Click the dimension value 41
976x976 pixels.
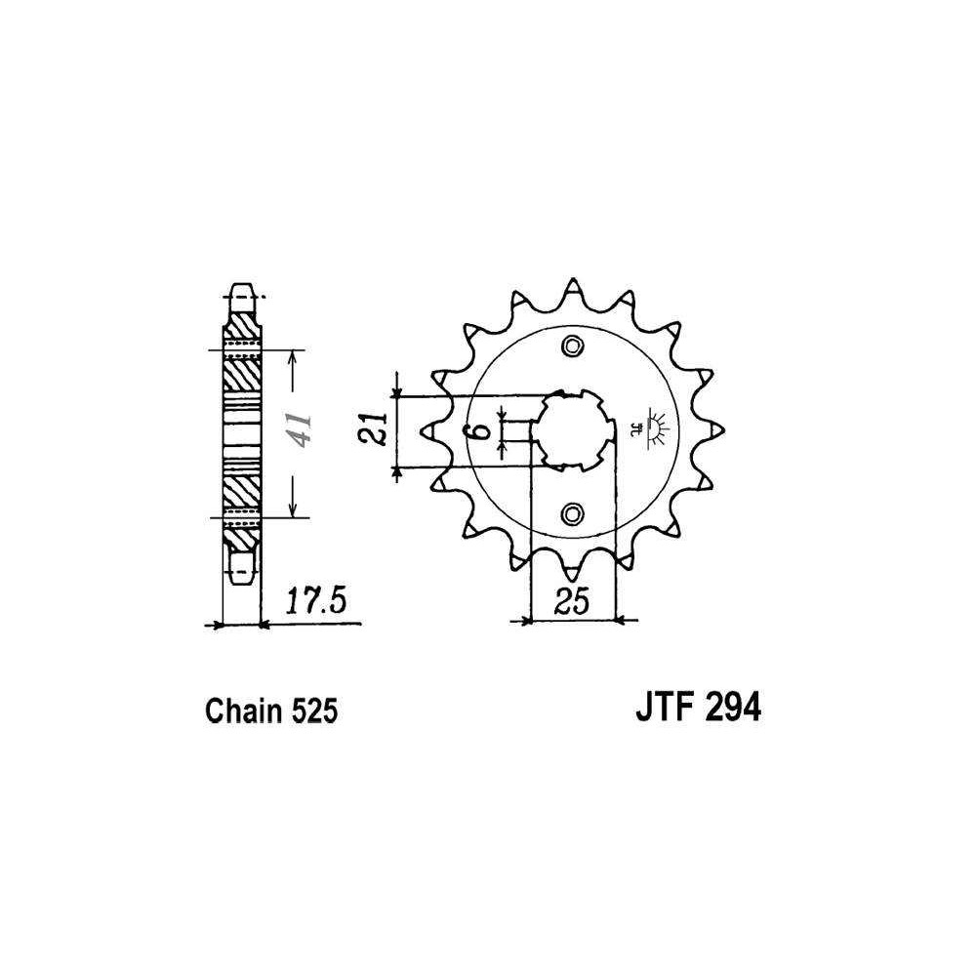tap(300, 430)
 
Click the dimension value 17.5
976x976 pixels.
tap(315, 602)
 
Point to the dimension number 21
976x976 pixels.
tap(375, 428)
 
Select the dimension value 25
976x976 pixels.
tap(571, 602)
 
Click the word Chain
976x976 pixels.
tap(242, 711)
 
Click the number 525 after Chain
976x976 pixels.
tap(312, 711)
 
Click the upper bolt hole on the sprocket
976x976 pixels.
tap(573, 346)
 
